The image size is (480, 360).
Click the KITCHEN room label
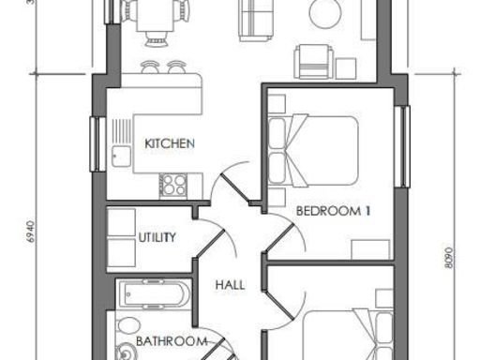click(170, 143)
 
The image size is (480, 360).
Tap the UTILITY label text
click(157, 237)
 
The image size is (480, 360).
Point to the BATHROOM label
click(171, 341)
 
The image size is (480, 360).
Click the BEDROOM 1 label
click(334, 211)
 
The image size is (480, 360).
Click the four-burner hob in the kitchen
click(174, 185)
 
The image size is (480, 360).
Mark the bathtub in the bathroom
click(154, 295)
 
